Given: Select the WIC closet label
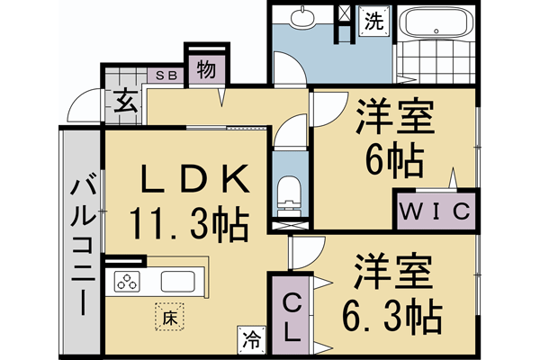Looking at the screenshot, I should click(x=434, y=212).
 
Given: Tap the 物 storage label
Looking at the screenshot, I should click(x=205, y=70).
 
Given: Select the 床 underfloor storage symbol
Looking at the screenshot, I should click(x=167, y=317).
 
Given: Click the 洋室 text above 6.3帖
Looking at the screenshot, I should click(x=394, y=270).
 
